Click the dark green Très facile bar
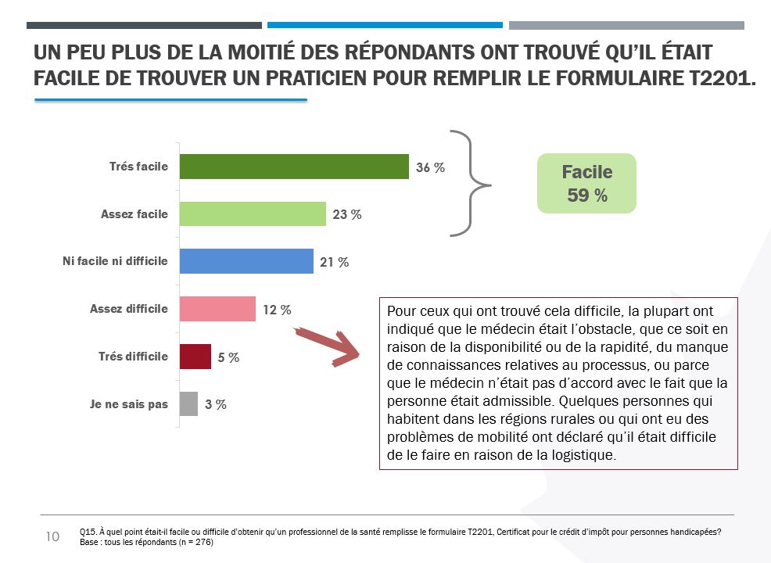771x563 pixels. [294, 167]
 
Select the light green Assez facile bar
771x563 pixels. [253, 213]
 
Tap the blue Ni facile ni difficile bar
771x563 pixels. [246, 261]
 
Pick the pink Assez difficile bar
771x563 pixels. [217, 309]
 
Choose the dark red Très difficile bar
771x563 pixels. [195, 357]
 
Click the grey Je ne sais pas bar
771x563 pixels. [188, 404]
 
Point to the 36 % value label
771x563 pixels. [430, 167]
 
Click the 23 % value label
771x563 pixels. [346, 214]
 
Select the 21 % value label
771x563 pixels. [334, 262]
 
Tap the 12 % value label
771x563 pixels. [277, 310]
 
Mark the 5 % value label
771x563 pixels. [228, 357]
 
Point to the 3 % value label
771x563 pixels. [216, 405]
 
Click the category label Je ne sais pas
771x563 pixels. [129, 404]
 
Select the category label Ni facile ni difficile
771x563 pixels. [115, 261]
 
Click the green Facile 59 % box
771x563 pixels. [586, 183]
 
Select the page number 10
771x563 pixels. [52, 536]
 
